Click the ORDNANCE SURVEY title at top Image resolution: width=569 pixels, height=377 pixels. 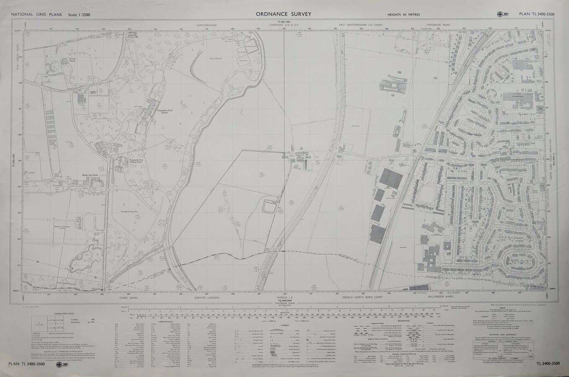tap(283, 14)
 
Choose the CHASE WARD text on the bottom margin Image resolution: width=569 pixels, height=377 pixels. tap(128, 297)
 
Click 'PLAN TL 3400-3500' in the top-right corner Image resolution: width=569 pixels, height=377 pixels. tap(536, 15)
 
